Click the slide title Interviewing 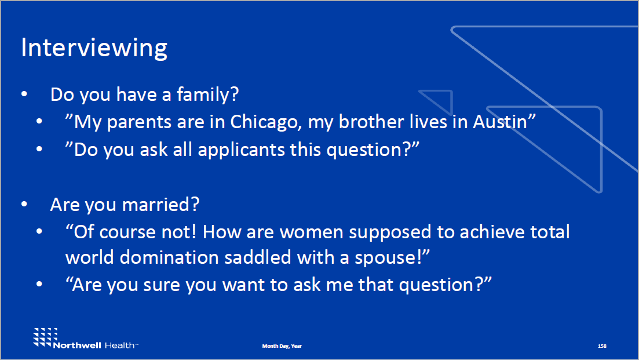pyautogui.click(x=94, y=48)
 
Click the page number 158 pyautogui.click(x=602, y=346)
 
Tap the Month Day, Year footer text pyautogui.click(x=282, y=346)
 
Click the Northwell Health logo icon pyautogui.click(x=43, y=337)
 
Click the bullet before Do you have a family pyautogui.click(x=24, y=94)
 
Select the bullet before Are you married pyautogui.click(x=24, y=205)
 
